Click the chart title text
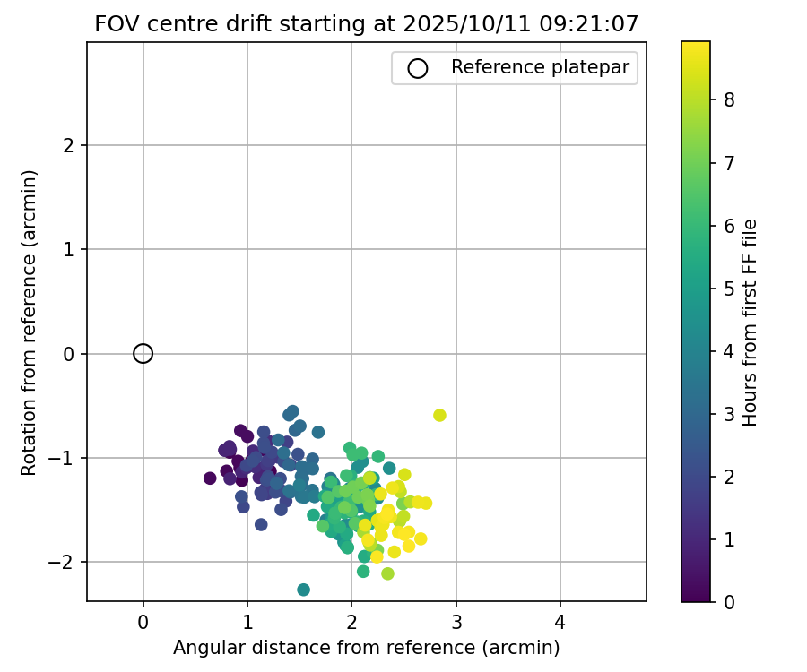click(x=366, y=24)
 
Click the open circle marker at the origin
click(x=143, y=354)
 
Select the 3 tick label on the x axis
click(x=456, y=619)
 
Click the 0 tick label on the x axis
click(x=143, y=619)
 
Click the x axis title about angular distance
click(x=366, y=647)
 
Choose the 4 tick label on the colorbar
click(x=729, y=351)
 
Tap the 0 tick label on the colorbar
click(x=729, y=601)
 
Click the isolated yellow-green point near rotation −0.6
click(x=439, y=415)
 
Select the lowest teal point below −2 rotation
click(x=303, y=590)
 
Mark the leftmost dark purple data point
click(x=210, y=478)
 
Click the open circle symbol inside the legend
click(x=417, y=68)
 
